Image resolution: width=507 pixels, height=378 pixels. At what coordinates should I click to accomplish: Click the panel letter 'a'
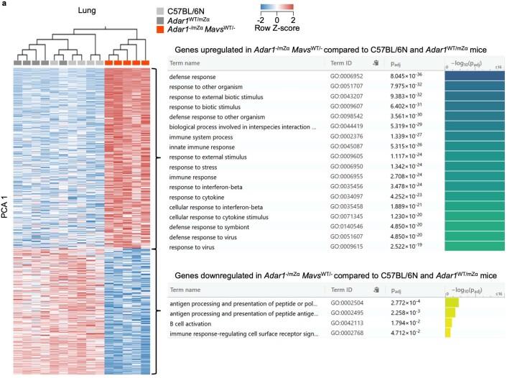click(4, 5)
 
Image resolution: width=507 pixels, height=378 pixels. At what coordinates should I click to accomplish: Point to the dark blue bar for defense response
click(474, 77)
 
